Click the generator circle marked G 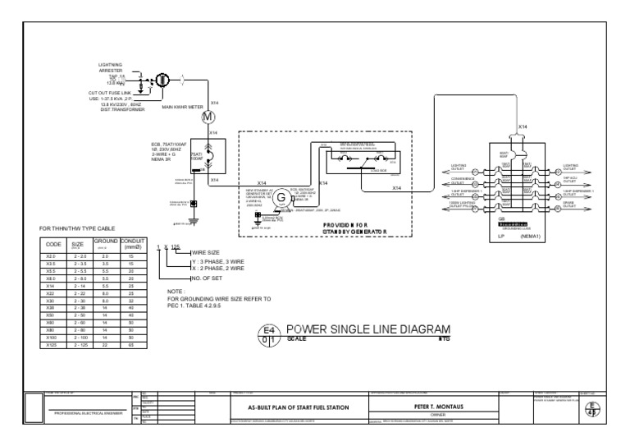tap(281, 198)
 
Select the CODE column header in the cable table tap(52, 244)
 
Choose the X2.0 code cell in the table tap(52, 256)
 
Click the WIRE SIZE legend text tap(206, 252)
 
